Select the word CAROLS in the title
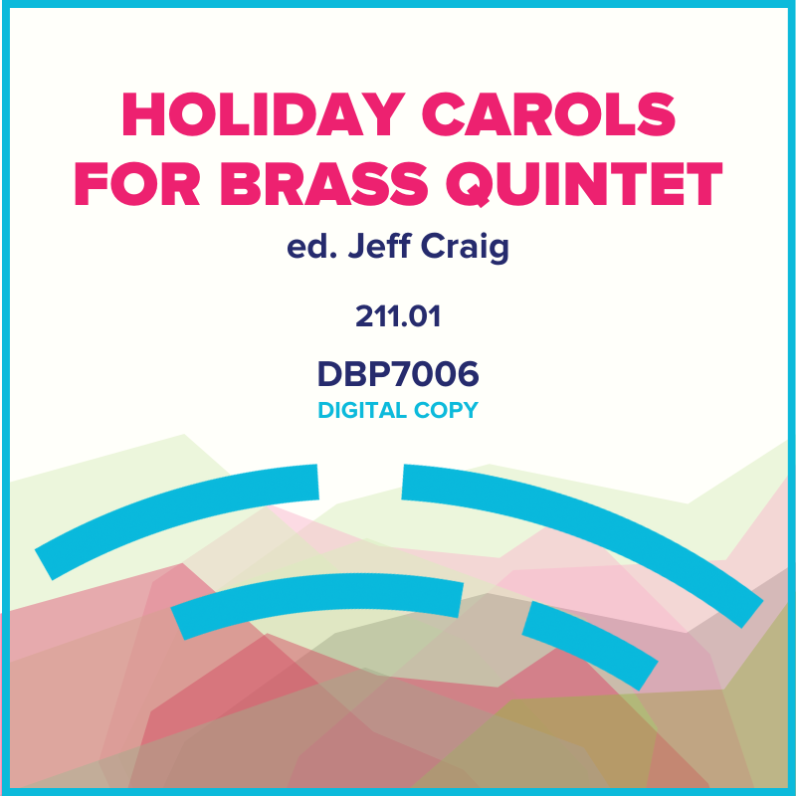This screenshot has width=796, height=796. pyautogui.click(x=570, y=118)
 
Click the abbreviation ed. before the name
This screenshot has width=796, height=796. pyautogui.click(x=307, y=249)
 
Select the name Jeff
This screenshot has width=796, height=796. pyautogui.click(x=372, y=249)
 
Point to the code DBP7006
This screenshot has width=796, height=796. pyautogui.click(x=398, y=374)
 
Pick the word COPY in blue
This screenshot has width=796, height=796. pyautogui.click(x=446, y=410)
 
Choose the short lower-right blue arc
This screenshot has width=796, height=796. pyautogui.click(x=589, y=643)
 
